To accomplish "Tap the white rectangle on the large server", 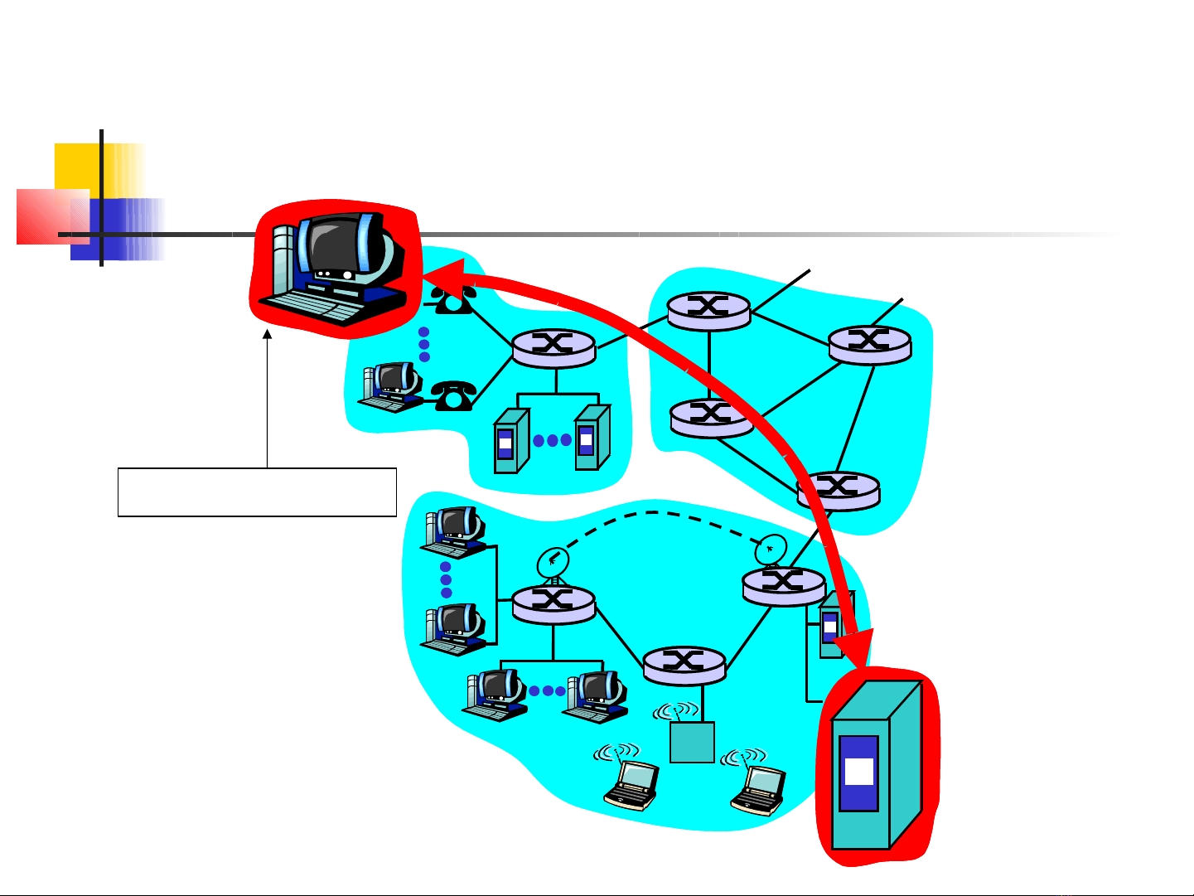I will click(858, 772).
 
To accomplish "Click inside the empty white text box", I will click(257, 492).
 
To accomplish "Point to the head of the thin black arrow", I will click(268, 335).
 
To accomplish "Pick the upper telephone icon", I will click(452, 300).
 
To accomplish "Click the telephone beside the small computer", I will click(452, 395).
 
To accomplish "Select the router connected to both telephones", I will click(553, 346).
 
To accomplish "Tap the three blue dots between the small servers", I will click(552, 440).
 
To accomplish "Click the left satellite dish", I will click(552, 564).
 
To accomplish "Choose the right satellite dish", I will click(771, 549).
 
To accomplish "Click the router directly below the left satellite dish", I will click(553, 603).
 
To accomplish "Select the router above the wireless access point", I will click(684, 664).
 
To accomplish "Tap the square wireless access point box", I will click(692, 742).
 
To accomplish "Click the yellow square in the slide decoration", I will click(79, 167).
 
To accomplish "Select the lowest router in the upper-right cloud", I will click(838, 489).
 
